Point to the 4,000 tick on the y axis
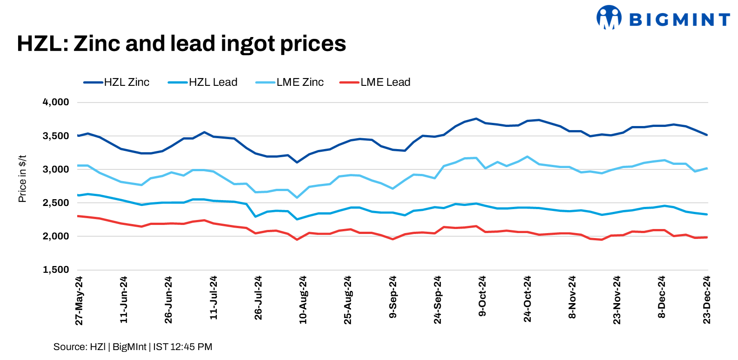(x=56, y=102)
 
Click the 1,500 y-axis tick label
(x=56, y=270)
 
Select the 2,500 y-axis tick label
(x=56, y=203)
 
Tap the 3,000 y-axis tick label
(x=56, y=169)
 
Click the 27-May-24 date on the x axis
(x=79, y=301)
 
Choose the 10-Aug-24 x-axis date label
(x=303, y=300)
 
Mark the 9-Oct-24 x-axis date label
(x=482, y=296)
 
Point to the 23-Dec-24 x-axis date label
(x=707, y=300)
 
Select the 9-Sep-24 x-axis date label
(x=393, y=297)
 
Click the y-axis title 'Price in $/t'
(x=22, y=179)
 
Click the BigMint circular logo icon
(x=608, y=18)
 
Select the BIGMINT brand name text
(x=679, y=19)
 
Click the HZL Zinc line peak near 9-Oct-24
(x=476, y=119)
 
